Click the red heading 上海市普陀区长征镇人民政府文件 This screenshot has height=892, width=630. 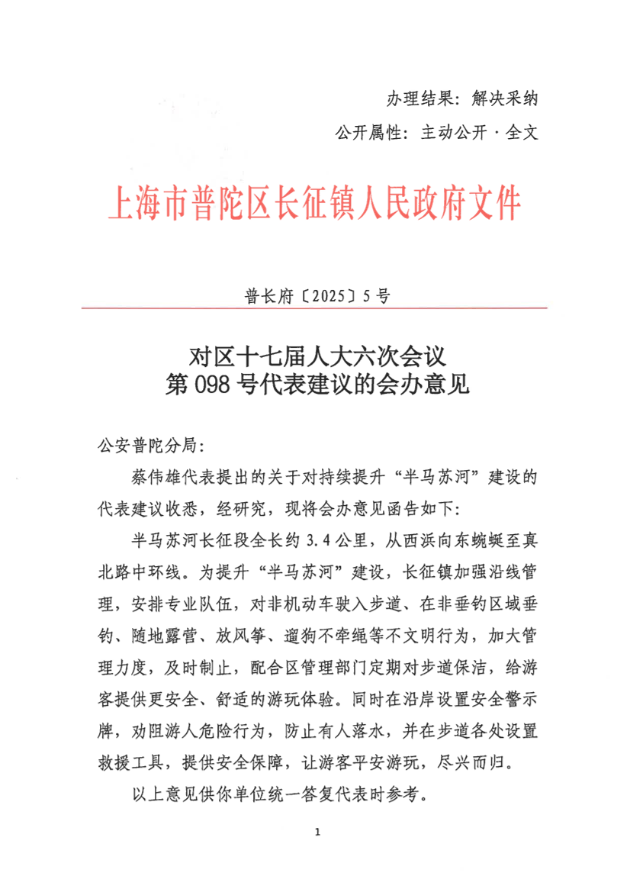coord(315,204)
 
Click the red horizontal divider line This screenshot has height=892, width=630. coord(315,308)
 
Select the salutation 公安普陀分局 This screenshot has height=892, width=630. coord(146,445)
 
